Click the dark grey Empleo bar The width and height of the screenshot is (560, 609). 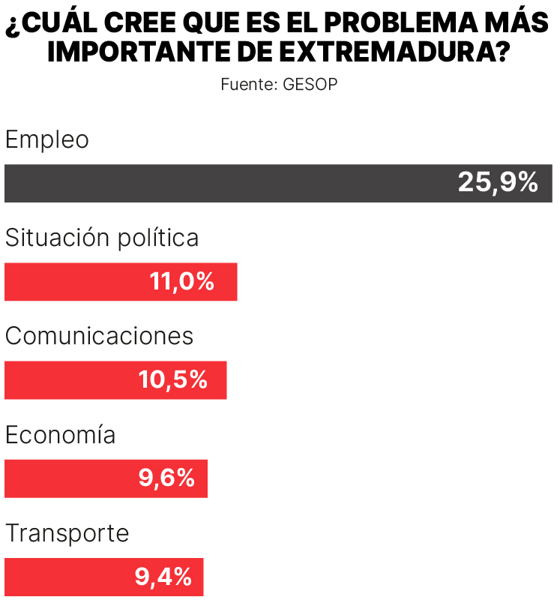(225, 184)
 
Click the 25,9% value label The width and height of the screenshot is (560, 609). (498, 183)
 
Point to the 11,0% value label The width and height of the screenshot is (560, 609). (182, 282)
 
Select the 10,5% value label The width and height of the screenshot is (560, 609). (172, 380)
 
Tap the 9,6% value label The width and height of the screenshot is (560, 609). (166, 478)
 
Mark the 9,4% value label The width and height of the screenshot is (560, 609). (163, 577)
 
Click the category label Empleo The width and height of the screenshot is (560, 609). (46, 139)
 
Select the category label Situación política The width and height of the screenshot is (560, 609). (102, 238)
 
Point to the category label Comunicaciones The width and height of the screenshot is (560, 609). (99, 336)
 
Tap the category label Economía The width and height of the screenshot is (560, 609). (60, 435)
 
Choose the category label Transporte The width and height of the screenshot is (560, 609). (67, 533)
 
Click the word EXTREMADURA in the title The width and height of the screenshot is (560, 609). (395, 52)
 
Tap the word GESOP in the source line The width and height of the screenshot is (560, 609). (310, 84)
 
